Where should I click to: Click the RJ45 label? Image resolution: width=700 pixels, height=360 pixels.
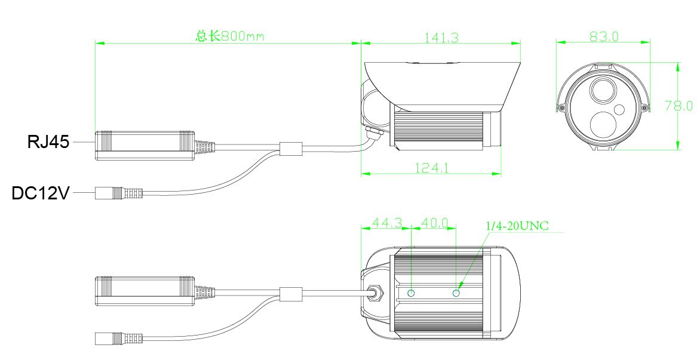tap(48, 142)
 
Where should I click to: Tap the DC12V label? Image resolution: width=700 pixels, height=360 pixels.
tap(41, 193)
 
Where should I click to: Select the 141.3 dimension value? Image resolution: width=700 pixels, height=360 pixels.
tap(441, 38)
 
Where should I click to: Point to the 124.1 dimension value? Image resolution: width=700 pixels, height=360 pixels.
tap(432, 168)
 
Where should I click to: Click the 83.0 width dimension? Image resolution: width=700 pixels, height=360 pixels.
tap(604, 36)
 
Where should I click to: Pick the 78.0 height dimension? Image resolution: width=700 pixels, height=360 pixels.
tap(679, 106)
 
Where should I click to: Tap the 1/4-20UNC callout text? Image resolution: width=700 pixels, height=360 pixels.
tap(517, 226)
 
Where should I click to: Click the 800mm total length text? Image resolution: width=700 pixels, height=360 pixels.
tap(230, 36)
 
